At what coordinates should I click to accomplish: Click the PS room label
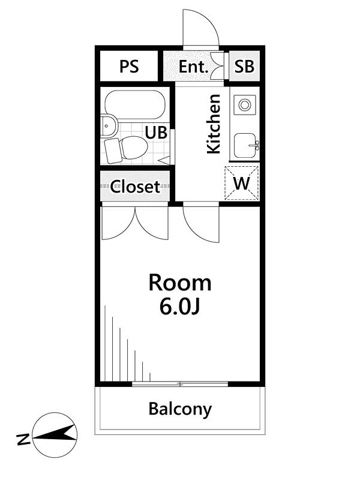click(129, 67)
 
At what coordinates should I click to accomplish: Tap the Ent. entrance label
click(193, 67)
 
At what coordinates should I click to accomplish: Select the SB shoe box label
click(244, 67)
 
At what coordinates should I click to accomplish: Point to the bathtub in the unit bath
click(135, 104)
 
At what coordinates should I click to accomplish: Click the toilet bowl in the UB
click(134, 148)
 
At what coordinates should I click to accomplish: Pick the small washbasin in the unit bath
click(109, 126)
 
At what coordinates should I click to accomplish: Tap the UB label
click(156, 133)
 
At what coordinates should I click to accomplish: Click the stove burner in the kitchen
click(245, 105)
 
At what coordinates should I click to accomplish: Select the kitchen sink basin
click(245, 146)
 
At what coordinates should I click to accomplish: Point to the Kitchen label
click(214, 124)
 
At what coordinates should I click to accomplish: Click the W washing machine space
click(242, 183)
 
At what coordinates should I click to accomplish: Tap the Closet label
click(135, 187)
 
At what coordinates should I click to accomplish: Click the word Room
click(180, 283)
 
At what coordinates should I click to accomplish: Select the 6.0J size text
click(179, 307)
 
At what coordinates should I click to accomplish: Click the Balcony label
click(180, 409)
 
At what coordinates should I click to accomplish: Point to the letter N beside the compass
click(23, 440)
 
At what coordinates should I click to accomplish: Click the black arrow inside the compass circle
click(55, 433)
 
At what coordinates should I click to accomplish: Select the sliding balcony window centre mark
click(181, 384)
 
